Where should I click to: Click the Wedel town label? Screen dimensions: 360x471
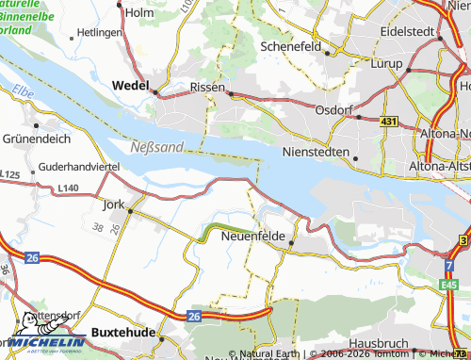131,83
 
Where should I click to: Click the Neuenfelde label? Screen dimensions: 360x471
252,236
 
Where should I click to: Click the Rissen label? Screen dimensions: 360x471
207,86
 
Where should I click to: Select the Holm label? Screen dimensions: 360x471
138,12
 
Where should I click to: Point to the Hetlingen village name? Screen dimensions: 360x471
99,32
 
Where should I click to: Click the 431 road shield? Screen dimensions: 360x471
389,123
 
